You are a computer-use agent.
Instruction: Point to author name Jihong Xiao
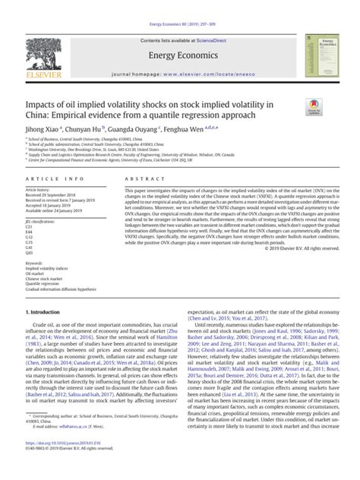(x=45, y=130)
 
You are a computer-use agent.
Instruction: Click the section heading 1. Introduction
(x=46, y=333)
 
